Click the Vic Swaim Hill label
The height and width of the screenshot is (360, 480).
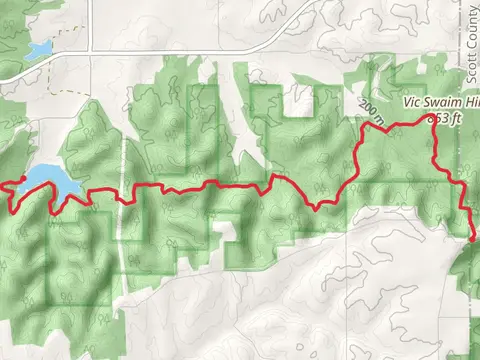440,102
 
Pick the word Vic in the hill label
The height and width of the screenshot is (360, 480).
411,102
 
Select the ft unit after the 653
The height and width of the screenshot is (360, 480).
457,117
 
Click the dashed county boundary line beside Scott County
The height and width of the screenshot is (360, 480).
461,60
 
